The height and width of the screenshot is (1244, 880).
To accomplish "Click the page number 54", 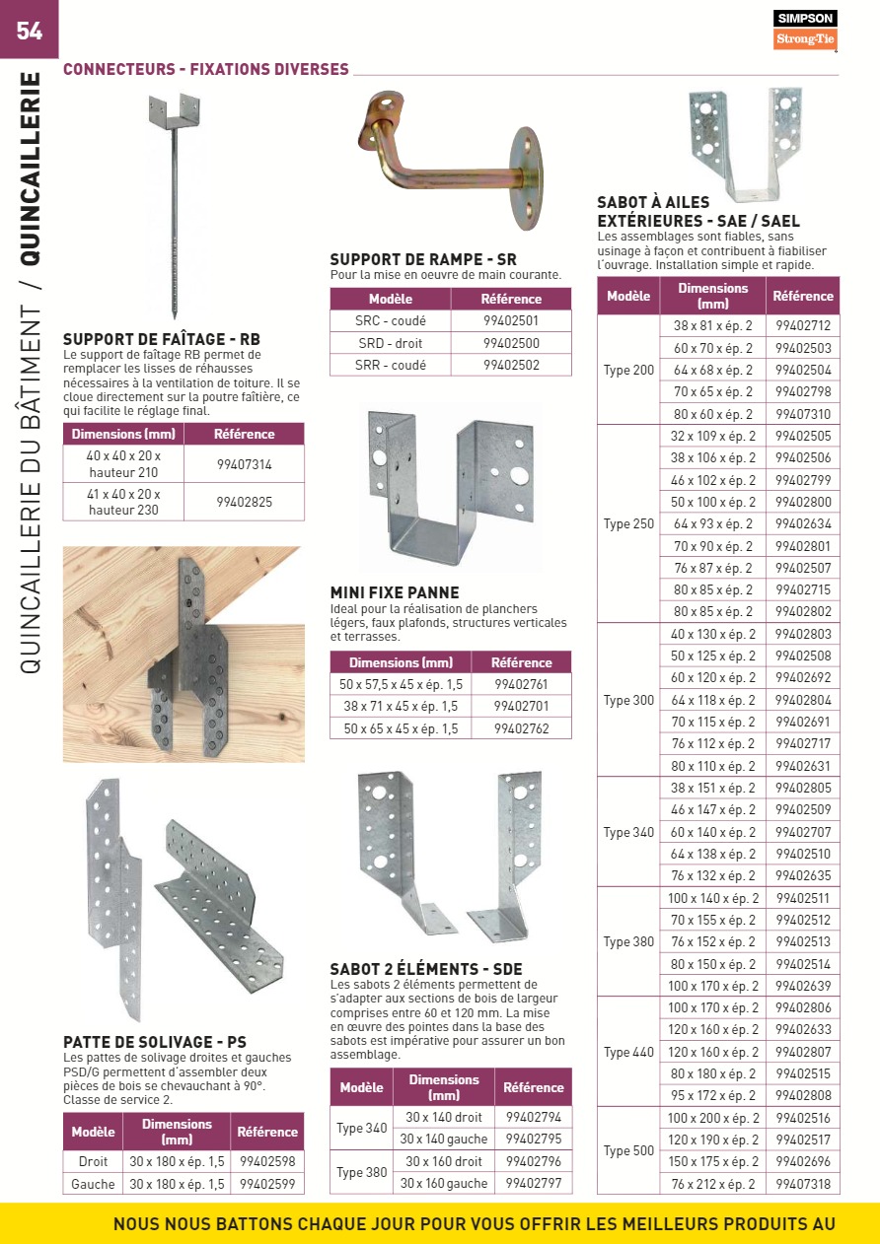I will click(30, 31).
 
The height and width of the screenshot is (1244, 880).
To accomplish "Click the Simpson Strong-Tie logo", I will click(804, 31).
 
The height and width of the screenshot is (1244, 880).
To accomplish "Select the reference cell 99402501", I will click(511, 320).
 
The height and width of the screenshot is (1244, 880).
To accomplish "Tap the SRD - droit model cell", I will click(391, 343).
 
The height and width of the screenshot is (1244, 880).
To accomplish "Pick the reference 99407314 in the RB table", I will click(244, 464).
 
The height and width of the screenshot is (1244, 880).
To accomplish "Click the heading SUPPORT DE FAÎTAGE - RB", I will click(162, 339).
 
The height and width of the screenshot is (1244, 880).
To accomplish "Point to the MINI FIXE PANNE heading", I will click(395, 592).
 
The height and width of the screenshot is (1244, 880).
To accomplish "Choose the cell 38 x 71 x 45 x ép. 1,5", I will click(401, 707).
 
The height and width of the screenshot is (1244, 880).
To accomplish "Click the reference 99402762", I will click(521, 729).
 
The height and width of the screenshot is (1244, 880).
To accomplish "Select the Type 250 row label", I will click(628, 524).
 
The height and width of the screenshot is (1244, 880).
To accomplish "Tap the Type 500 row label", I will click(628, 1151).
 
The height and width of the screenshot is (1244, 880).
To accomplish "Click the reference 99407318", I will click(803, 1184).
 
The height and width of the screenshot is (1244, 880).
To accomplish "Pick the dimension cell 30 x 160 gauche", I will click(444, 1184).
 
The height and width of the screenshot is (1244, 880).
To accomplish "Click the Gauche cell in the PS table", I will click(93, 1184).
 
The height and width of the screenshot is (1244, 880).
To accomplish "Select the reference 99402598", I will click(266, 1162).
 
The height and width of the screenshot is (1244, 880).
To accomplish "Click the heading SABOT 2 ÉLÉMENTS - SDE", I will click(426, 969).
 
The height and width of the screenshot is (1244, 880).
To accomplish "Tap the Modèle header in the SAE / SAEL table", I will click(628, 296).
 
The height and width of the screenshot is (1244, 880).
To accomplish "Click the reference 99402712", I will click(803, 325).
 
